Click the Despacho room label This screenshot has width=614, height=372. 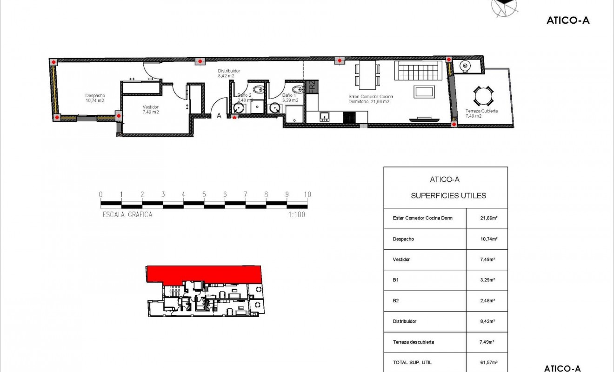click(94, 98)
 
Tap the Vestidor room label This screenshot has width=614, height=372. click(151, 109)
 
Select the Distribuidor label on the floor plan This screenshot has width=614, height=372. click(229, 73)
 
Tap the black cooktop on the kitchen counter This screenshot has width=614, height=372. click(349, 117)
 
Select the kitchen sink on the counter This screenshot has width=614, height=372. click(324, 116)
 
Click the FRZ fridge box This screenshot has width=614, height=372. click(312, 86)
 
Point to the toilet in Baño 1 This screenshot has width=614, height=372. click(296, 89)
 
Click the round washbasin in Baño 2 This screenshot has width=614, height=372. click(239, 108)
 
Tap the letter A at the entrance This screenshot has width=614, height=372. click(219, 116)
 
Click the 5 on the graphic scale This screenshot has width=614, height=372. click(204, 194)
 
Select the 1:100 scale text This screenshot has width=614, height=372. click(296, 215)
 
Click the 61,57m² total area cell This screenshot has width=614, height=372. click(487, 362)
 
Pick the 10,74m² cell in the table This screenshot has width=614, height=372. click(487, 239)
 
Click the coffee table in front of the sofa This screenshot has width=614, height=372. click(424, 91)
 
